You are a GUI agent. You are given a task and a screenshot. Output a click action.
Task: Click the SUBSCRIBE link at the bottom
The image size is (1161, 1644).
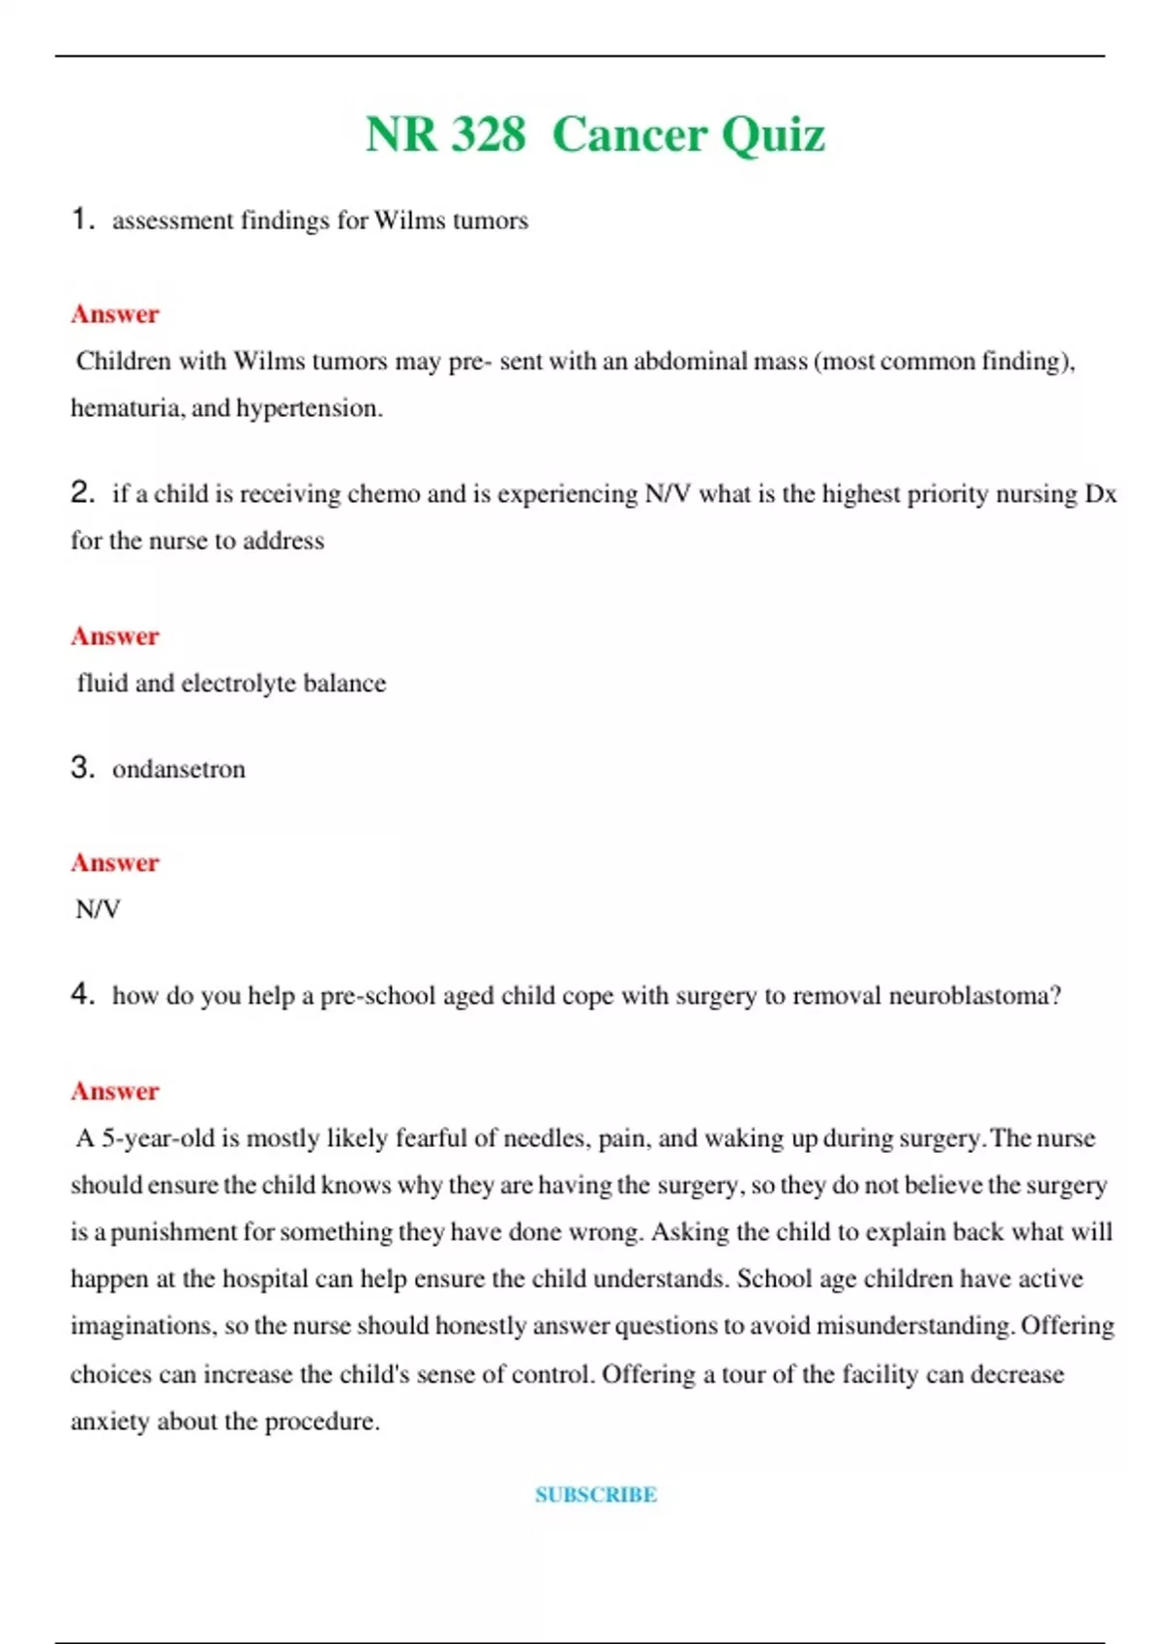(596, 1494)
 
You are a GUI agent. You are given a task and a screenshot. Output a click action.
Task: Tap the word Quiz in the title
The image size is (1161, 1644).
(772, 134)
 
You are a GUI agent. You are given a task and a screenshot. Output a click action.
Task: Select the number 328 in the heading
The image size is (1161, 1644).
(489, 134)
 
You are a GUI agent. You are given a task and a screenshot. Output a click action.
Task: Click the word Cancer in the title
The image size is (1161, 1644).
(630, 134)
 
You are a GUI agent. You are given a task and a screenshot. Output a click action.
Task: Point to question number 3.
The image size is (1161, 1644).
(82, 768)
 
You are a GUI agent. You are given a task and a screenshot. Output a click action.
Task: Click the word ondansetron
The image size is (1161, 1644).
(179, 770)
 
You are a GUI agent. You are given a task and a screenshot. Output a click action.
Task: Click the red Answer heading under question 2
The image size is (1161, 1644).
(114, 636)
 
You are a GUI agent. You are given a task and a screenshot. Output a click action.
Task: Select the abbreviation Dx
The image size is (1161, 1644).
(1100, 494)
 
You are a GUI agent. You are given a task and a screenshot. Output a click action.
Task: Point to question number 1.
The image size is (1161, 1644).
(82, 220)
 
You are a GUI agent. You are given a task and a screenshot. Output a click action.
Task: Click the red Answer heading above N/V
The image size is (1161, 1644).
(114, 863)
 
